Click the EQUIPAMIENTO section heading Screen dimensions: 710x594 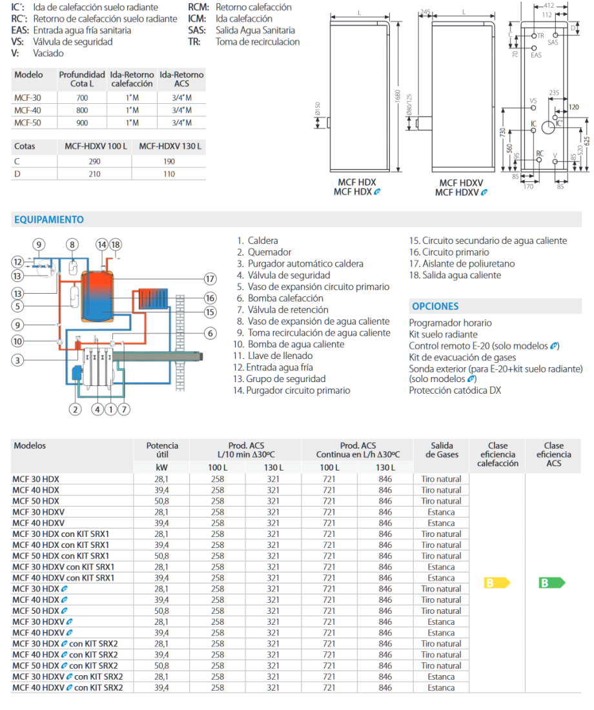49,220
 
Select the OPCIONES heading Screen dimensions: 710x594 435,307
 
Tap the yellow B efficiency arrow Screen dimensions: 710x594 497,583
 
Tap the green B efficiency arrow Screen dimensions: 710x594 551,583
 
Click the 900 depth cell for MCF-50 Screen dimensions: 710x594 81,122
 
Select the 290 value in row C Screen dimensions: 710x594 94,162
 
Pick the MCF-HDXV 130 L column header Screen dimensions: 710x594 170,147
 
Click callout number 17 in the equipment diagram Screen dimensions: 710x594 210,279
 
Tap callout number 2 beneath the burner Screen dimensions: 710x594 75,409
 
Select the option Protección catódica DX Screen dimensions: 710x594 455,390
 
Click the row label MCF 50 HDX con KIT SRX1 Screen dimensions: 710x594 61,556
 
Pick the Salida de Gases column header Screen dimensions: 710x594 442,450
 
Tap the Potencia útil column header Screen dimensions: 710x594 162,450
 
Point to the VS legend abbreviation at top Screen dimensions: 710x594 17,42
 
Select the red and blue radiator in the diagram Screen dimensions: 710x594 152,299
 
